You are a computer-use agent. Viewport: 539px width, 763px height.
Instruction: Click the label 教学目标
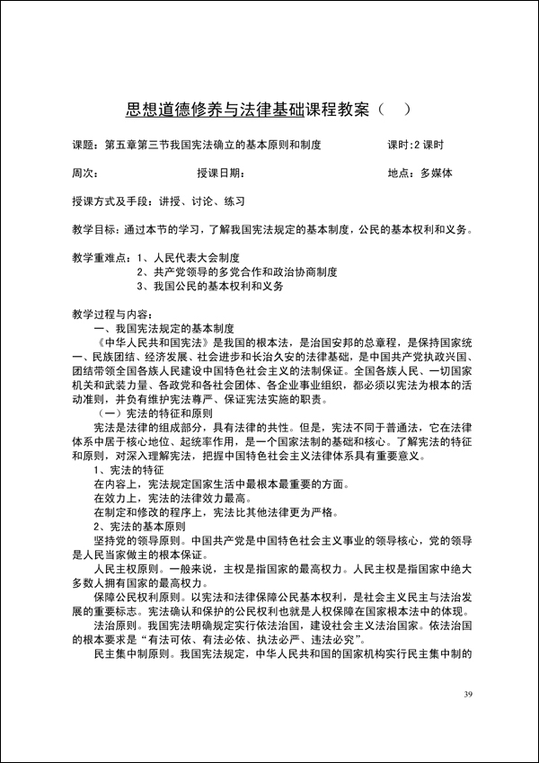click(92, 229)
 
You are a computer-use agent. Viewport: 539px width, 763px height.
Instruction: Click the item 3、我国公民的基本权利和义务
click(210, 287)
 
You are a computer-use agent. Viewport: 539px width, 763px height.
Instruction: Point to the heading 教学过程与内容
click(110, 315)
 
